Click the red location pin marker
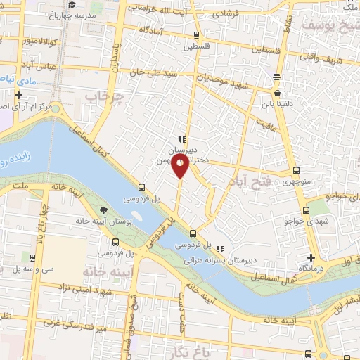click(181, 165)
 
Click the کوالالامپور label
click(27, 43)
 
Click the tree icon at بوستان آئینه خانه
click(104, 210)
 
